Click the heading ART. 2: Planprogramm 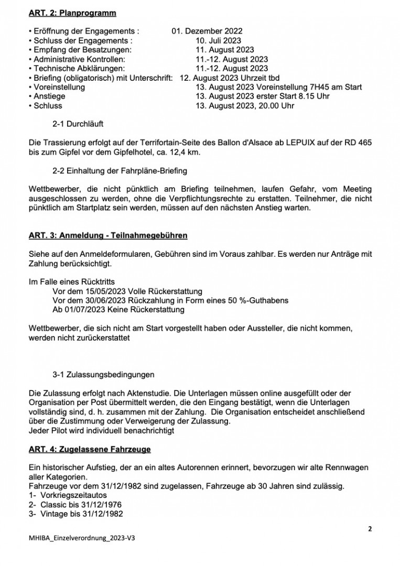pyautogui.click(x=72, y=13)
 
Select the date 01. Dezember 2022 pyautogui.click(x=207, y=31)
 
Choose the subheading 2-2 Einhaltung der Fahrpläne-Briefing pyautogui.click(x=120, y=171)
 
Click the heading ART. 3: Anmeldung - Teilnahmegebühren pyautogui.click(x=108, y=236)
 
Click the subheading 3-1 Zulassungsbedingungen pyautogui.click(x=104, y=375)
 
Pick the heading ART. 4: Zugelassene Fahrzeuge pyautogui.click(x=90, y=449)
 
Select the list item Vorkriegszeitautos pyautogui.click(x=73, y=495)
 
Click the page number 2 pyautogui.click(x=370, y=529)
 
